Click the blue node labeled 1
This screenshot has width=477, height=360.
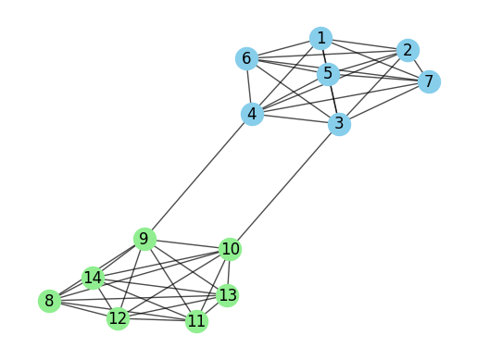[320, 38]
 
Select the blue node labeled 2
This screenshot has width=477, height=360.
[407, 50]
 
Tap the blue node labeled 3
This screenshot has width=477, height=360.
[340, 123]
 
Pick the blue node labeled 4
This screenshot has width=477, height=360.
[252, 114]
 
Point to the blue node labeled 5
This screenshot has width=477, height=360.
[327, 73]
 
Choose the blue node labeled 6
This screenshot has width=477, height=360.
[246, 59]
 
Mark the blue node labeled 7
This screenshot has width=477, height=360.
[428, 81]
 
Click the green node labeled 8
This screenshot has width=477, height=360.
[49, 301]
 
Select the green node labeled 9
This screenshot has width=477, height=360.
[144, 240]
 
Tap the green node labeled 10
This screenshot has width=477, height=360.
[231, 249]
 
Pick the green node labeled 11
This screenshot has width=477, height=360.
[196, 322]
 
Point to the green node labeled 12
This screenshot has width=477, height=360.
[118, 319]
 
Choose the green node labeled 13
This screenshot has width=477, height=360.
[228, 296]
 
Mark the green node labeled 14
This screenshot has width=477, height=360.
[92, 278]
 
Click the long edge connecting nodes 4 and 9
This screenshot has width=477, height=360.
[197, 177]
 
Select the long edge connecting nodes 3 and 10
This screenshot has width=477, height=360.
[285, 186]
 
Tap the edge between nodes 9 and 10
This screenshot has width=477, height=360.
[187, 244]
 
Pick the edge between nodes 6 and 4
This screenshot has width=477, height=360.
[249, 87]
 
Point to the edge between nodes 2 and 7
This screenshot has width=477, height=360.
[418, 66]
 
